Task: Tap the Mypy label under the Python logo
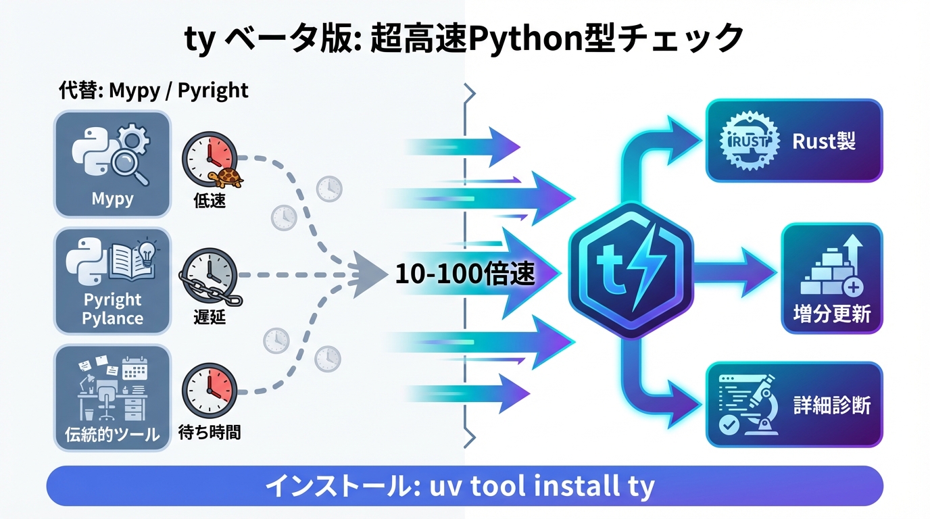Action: (112, 199)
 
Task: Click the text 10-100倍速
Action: (465, 274)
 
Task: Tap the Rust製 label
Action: (824, 141)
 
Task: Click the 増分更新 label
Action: (831, 314)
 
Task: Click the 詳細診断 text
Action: (831, 405)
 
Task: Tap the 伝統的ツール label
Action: (113, 433)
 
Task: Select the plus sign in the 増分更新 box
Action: (854, 287)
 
